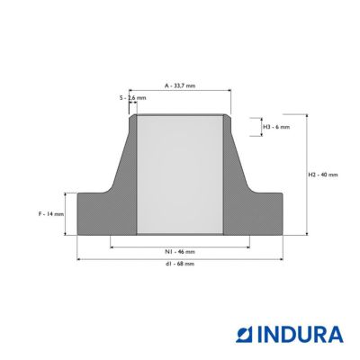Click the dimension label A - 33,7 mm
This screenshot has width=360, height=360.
180,85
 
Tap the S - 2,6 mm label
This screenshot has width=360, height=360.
132,98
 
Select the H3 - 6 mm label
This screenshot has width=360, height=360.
276,127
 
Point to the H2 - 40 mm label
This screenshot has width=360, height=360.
323,175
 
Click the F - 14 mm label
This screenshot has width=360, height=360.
51,214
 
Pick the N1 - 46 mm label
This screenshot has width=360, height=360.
180,252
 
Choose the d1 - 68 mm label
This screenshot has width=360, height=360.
180,264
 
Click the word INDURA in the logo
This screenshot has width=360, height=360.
301,335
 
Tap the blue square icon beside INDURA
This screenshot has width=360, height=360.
245,335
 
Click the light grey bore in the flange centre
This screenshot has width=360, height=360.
180,175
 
